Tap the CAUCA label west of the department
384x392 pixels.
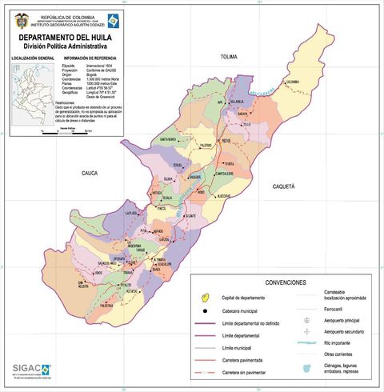point(90,172)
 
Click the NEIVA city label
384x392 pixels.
point(226,140)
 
